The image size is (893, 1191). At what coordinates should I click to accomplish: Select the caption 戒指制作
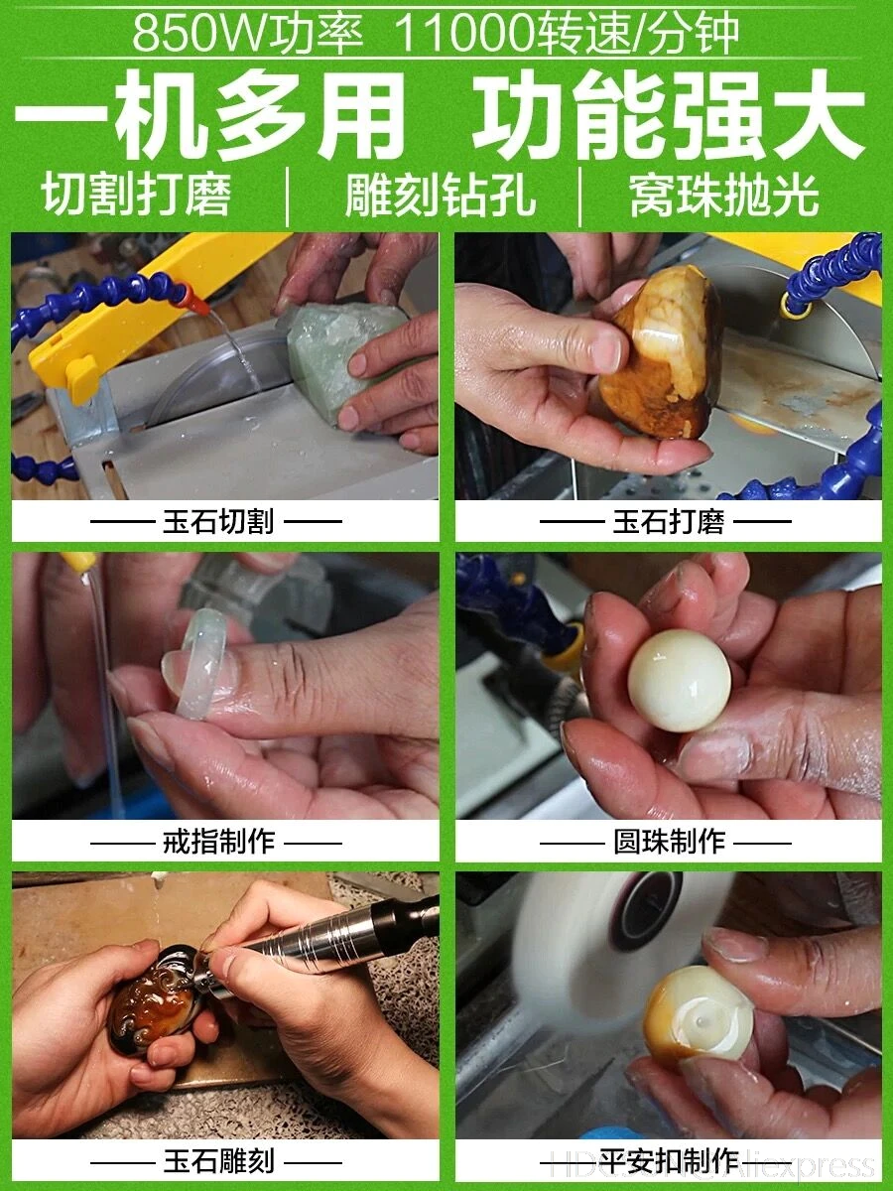[218, 842]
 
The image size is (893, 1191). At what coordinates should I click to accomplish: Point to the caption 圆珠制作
[669, 842]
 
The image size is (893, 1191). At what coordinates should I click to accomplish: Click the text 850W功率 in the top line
[247, 34]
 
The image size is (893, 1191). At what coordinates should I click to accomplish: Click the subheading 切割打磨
[137, 196]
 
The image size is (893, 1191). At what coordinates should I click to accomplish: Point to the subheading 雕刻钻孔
[441, 196]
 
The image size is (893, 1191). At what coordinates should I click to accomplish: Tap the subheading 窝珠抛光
[724, 196]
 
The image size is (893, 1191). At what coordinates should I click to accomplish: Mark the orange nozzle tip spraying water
[195, 305]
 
